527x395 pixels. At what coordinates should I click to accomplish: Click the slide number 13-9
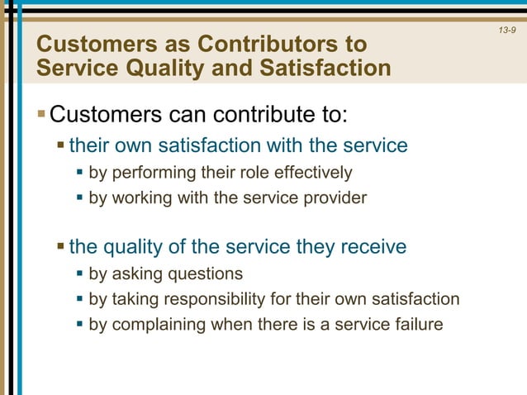pos(507,31)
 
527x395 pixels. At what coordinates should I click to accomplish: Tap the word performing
pos(151,173)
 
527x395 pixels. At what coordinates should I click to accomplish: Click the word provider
pos(338,197)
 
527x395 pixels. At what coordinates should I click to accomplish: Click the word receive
pos(373,246)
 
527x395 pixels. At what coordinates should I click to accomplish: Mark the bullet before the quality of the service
pos(61,247)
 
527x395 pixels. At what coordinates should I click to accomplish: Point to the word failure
pos(416,324)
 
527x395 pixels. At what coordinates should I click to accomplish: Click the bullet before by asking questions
pos(80,274)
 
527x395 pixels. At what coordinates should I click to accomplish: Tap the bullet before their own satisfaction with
pos(61,146)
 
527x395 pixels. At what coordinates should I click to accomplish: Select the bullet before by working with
pos(80,198)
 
